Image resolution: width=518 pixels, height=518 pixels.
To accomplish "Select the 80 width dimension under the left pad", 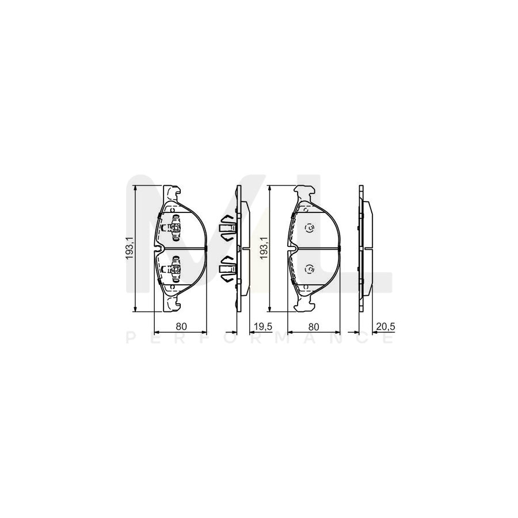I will click(181, 326).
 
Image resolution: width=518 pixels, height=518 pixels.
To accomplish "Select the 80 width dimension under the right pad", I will click(314, 326).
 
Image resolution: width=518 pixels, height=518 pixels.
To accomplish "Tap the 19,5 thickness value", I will click(262, 326).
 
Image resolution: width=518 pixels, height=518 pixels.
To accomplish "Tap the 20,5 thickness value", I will click(384, 326).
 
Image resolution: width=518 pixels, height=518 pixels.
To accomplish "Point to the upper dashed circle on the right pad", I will click(309, 228).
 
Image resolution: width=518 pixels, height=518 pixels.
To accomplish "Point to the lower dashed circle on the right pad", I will click(309, 268).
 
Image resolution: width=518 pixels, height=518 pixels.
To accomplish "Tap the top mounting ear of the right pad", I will click(304, 191).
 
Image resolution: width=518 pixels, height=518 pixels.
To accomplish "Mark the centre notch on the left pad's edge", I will click(160, 249).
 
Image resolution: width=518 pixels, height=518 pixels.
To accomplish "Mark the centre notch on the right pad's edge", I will click(292, 249).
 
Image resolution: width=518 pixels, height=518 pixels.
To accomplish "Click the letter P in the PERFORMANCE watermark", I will click(129, 338).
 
